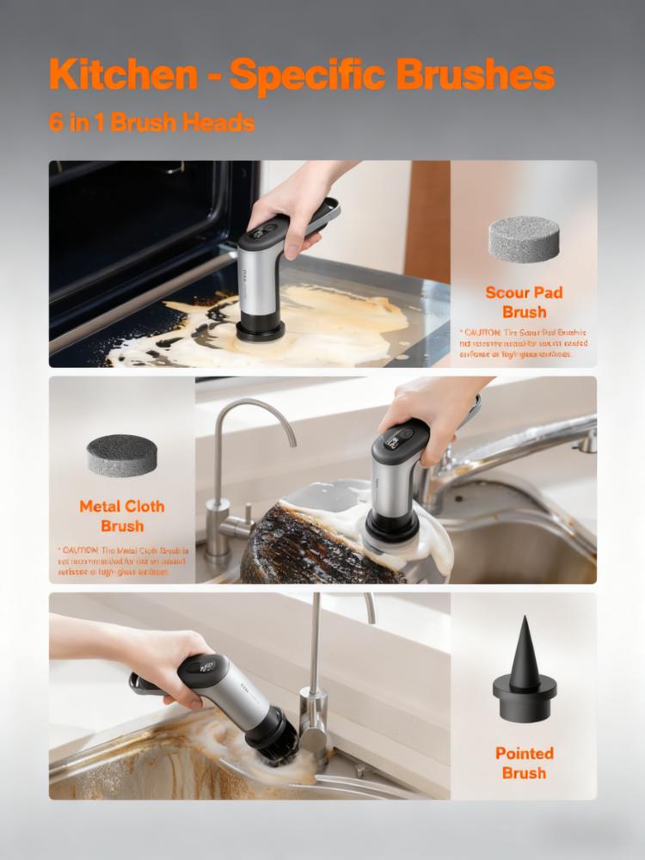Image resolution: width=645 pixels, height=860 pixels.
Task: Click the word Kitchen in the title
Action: [122, 76]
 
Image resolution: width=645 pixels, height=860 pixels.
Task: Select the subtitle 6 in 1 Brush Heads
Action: [151, 122]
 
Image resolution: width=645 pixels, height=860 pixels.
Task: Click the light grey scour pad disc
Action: [523, 238]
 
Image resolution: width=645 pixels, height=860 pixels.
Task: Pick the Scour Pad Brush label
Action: [524, 302]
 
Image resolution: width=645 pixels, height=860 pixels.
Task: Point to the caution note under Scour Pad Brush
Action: [523, 342]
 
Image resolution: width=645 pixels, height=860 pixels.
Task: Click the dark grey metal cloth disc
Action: [122, 455]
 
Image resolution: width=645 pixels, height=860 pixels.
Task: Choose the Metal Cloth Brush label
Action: [122, 516]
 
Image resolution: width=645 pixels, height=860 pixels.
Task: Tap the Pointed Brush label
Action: [524, 763]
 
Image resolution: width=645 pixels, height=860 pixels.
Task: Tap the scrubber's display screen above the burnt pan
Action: [401, 437]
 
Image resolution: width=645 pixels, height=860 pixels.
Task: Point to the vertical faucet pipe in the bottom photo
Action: [316, 654]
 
